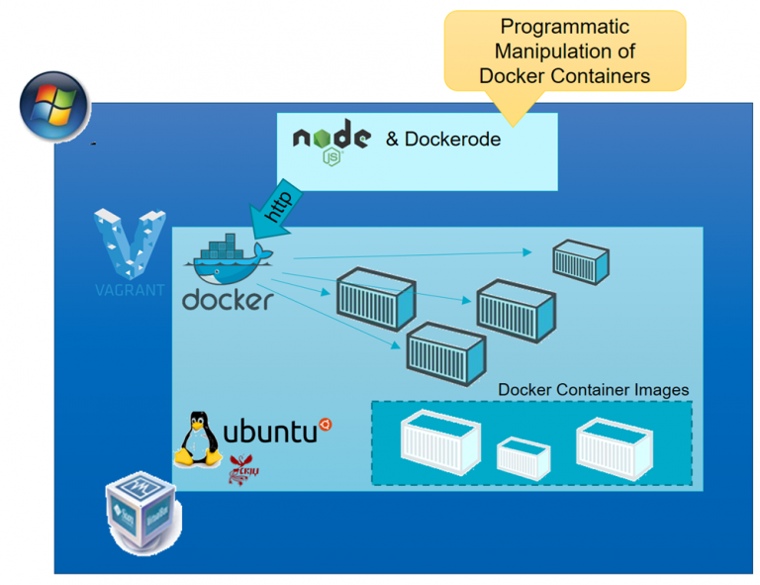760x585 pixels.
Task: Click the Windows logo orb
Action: (54, 107)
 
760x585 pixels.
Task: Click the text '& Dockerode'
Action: (442, 140)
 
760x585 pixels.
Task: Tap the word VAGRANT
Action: (130, 290)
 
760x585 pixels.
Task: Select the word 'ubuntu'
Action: (269, 432)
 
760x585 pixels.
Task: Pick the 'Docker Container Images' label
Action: (593, 390)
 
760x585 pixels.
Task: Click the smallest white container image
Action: (522, 457)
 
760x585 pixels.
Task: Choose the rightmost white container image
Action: (616, 444)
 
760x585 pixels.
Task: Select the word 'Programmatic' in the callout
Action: (564, 28)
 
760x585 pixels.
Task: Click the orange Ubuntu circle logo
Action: (325, 426)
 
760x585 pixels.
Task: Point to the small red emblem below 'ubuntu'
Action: (241, 469)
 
